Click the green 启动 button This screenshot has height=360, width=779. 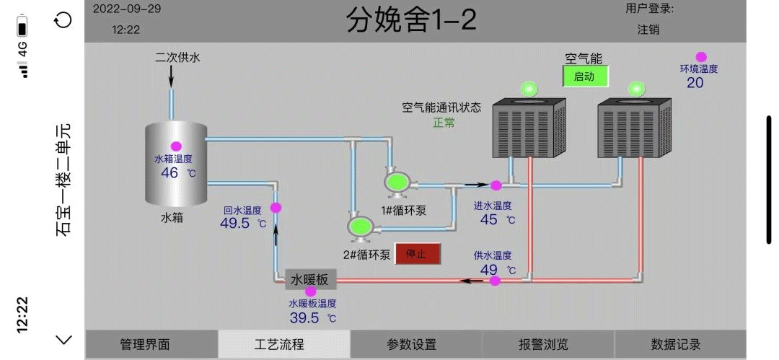pos(585,76)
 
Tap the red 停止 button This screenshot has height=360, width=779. pos(417,254)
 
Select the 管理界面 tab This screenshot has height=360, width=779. pos(145,345)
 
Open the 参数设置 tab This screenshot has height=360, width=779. pos(411,345)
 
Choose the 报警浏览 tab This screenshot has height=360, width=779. pos(543,345)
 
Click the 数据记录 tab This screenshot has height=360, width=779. pos(676,345)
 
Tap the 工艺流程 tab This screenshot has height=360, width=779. pos(279,345)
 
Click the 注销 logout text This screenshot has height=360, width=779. pos(648,30)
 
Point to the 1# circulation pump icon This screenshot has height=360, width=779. pos(396,183)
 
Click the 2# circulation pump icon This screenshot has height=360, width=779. pos(359,227)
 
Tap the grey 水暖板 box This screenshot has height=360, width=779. pos(310,279)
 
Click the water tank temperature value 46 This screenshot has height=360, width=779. pos(170,173)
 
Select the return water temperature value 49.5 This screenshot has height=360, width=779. pos(234,224)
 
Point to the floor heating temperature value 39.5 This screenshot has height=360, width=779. pos(304,318)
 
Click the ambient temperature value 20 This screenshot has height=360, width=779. pos(695,83)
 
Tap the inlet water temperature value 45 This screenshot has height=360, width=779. pos(489,220)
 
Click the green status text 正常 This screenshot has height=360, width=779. pos(444,123)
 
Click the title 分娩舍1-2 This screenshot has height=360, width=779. pos(411,20)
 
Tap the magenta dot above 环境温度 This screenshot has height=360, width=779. pos(700,57)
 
